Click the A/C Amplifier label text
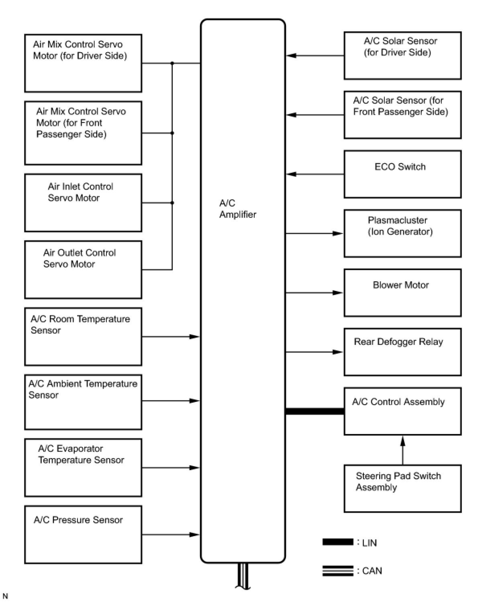237,209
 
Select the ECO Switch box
402,174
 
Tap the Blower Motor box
402,293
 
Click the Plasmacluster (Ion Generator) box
402,233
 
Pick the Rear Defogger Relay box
402,352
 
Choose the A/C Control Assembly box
402,411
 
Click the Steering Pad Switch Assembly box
402,488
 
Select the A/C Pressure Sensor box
83,534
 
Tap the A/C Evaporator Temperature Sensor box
83,468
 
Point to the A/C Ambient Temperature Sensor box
83,402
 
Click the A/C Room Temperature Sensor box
83,337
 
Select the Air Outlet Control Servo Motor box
83,270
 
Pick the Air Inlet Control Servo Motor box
83,203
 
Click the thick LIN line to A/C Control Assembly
314,411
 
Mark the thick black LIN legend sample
338,542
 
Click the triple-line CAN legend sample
338,571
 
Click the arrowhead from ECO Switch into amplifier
291,174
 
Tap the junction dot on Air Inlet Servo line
172,203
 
